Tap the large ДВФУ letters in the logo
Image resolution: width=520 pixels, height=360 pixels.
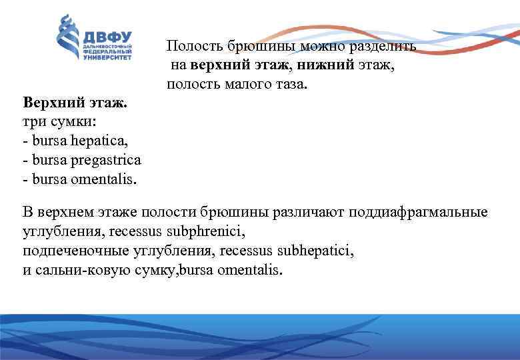coord(107,36)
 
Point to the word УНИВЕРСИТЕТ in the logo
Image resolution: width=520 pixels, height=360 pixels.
coord(107,57)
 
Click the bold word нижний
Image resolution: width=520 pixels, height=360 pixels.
coord(323,65)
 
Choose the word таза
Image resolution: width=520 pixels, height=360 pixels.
coord(291,85)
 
